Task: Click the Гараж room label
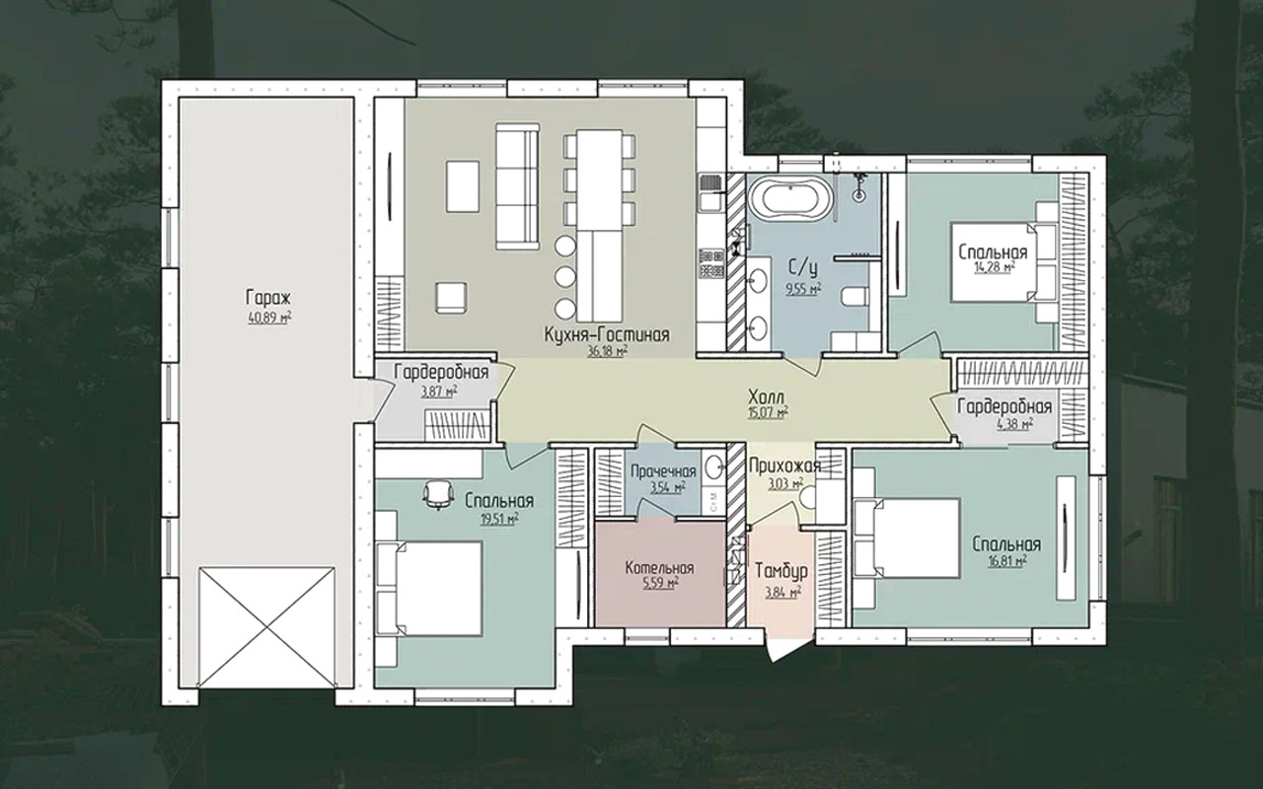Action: coord(268,298)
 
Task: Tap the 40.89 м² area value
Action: coord(269,319)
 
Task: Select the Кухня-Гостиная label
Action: coord(607,334)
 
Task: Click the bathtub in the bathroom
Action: coord(789,200)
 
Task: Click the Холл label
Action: coord(767,396)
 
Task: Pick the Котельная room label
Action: coord(660,568)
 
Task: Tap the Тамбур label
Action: coord(780,571)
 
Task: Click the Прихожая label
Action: coord(784,466)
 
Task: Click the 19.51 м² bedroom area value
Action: coord(499,519)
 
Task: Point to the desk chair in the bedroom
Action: coord(438,494)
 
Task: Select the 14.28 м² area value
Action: coord(994,267)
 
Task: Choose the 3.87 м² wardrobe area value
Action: coord(439,391)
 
